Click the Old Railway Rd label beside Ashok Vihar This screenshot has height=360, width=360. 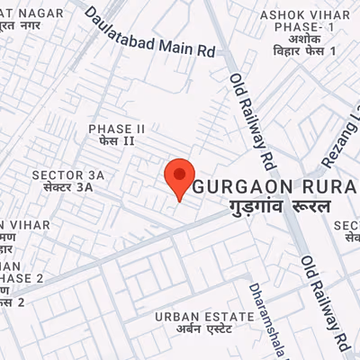click(253, 121)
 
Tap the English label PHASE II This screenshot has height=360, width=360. click(116, 130)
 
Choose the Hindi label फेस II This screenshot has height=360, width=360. click(116, 142)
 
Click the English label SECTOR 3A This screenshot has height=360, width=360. click(62, 175)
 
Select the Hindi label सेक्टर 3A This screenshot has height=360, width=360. click(62, 187)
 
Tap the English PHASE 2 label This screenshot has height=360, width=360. click(22, 278)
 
